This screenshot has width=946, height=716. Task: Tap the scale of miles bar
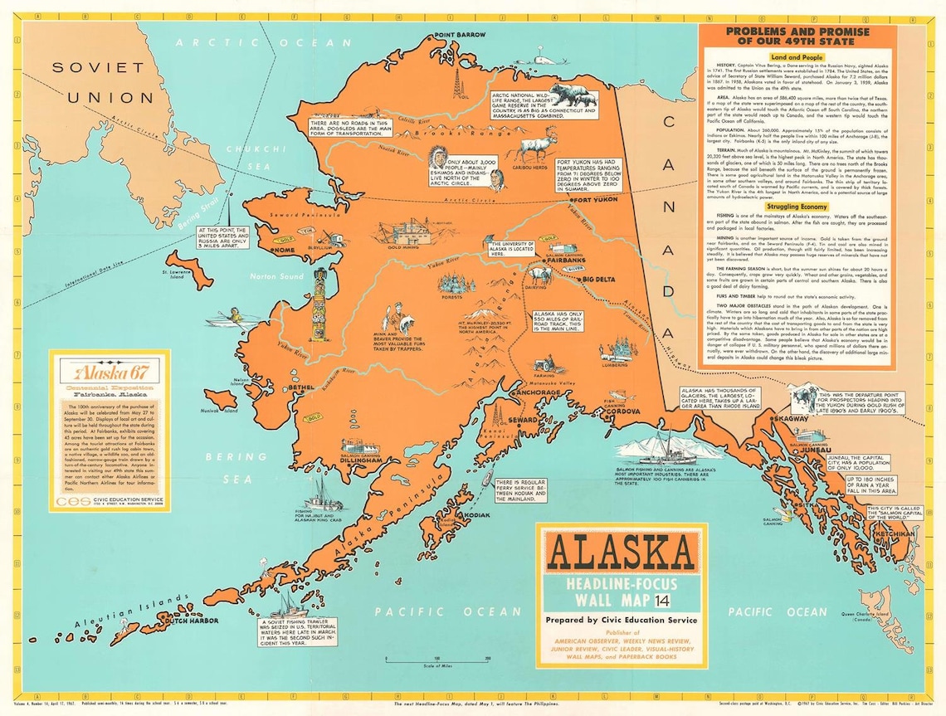click(x=436, y=660)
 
